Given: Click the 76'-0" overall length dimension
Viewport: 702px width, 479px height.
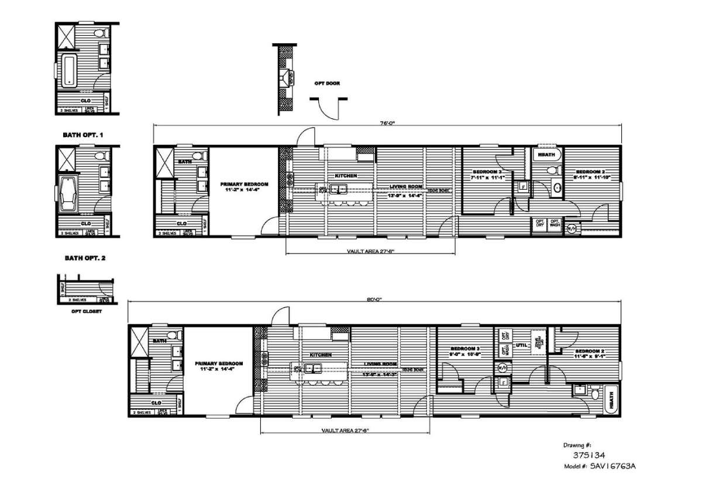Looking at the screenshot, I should point(387,123).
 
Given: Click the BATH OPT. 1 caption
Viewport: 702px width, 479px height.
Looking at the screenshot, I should point(83,135).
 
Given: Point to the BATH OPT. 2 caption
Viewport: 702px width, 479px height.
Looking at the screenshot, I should point(83,257).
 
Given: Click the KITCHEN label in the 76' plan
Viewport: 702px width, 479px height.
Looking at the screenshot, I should point(346,176).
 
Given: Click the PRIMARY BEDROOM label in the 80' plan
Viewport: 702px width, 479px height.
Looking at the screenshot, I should point(218,363).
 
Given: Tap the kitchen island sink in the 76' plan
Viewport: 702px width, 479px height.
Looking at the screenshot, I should point(338,189).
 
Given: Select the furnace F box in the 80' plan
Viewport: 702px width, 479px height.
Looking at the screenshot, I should point(503,384).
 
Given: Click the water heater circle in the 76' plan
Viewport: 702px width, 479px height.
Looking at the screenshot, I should point(571,229).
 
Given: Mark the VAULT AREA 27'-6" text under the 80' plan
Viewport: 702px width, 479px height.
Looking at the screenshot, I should point(345,430).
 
